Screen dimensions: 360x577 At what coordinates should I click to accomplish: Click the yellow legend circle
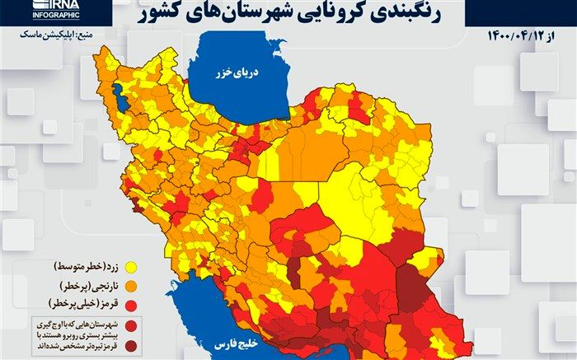130,269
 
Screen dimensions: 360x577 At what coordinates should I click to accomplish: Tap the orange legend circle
130,286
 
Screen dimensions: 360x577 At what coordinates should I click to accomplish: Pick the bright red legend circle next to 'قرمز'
130,303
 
